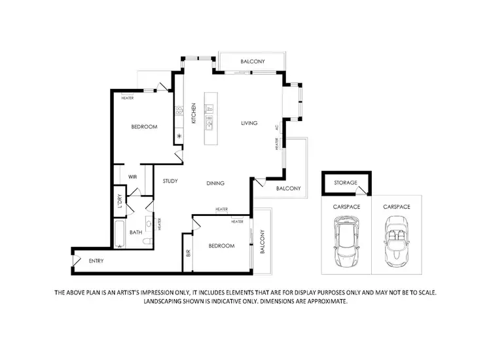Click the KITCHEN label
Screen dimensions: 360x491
coord(194,114)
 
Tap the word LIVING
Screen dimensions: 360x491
coord(249,123)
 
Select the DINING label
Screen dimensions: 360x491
coord(216,184)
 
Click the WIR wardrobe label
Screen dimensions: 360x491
coord(132,177)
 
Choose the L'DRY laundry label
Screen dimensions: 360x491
coord(120,202)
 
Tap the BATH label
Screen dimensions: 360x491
coord(136,232)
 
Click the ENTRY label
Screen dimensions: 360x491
coord(96,261)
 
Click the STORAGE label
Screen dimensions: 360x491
coord(345,183)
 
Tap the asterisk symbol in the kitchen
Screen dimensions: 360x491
coord(179,137)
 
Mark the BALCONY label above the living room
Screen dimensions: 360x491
coord(252,62)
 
